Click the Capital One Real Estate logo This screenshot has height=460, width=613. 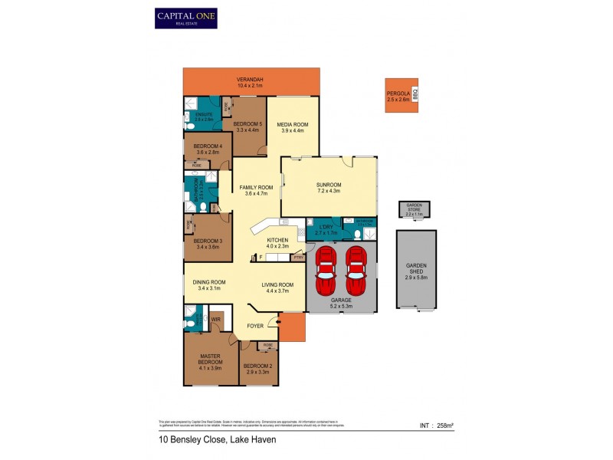[186, 18]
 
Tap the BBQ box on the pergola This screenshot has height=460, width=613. [415, 96]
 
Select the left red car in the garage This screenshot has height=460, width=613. [326, 264]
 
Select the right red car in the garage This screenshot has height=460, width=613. [356, 264]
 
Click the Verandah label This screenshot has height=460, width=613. [250, 80]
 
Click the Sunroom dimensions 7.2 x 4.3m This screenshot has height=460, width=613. [329, 192]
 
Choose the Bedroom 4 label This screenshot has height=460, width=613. [208, 146]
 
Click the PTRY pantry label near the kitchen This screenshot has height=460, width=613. [297, 258]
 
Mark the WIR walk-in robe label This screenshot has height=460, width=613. [216, 319]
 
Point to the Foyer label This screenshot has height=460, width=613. [255, 326]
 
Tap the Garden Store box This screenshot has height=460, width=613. [415, 210]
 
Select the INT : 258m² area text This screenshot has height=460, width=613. [437, 426]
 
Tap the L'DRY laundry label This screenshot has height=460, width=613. [323, 227]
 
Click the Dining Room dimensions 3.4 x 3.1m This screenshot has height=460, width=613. [209, 288]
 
